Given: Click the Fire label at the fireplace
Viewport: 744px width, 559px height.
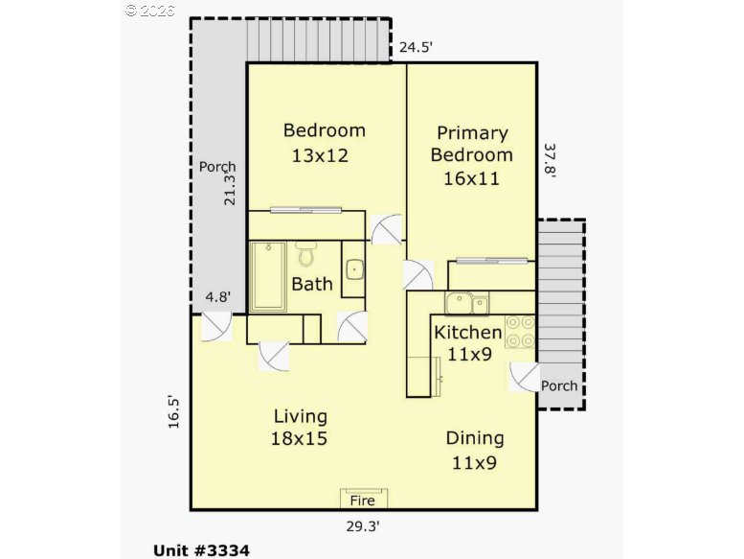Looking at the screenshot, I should (363, 500).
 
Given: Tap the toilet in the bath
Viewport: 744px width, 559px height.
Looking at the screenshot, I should (306, 255).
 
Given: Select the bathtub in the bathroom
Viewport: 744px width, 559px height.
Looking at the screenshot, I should (268, 276).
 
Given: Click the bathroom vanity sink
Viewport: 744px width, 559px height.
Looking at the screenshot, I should (352, 268).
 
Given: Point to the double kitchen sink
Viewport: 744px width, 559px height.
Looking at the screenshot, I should (466, 304).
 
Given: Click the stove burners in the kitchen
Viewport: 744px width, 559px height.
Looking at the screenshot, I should (520, 331).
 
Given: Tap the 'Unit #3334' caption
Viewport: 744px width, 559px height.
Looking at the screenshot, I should (201, 550).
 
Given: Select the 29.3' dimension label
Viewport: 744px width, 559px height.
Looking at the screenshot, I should (364, 524).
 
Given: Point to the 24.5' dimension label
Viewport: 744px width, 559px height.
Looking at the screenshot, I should (418, 44).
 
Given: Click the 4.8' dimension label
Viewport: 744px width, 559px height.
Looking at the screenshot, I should (217, 297).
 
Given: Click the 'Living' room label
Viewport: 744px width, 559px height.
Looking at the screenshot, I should (301, 416).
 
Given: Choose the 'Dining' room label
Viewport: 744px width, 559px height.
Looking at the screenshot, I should (475, 438).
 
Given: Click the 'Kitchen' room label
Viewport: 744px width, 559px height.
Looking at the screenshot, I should (468, 333).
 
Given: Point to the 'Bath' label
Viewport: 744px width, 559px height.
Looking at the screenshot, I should (312, 284).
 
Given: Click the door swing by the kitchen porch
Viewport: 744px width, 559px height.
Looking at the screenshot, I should (524, 379).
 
